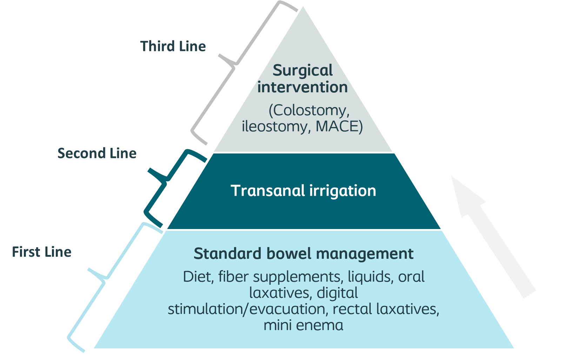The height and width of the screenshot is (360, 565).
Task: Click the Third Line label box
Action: [173, 45]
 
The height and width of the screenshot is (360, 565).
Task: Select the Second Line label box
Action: [97, 152]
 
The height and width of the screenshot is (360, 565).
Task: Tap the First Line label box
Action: [53, 251]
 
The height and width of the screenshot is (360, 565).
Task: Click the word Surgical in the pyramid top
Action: [303, 71]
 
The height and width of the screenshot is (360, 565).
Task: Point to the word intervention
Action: [303, 87]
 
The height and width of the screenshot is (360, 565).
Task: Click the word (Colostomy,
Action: [309, 111]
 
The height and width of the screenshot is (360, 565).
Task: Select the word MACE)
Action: [339, 126]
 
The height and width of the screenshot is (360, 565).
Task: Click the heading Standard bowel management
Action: [304, 254]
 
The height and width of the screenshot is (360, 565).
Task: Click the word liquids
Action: [370, 277]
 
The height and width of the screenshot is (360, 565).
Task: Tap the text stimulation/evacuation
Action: [246, 309]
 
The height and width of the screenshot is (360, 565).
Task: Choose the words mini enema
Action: [304, 325]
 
